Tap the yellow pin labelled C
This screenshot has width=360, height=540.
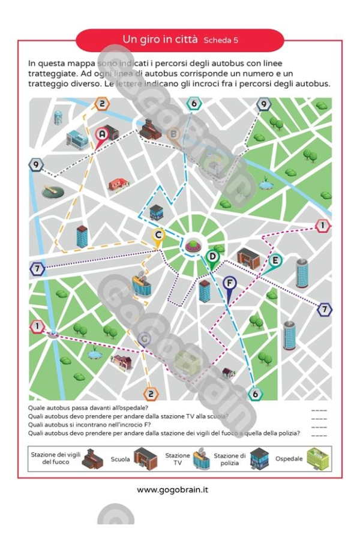coord(158,236)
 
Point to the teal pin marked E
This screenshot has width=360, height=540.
coord(275,262)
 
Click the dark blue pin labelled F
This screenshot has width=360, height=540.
coord(229,283)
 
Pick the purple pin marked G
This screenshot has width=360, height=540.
coord(143,340)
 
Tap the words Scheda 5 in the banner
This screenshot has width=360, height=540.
coord(221,41)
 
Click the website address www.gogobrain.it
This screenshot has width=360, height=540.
coord(173,490)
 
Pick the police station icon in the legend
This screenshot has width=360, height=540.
coord(258,459)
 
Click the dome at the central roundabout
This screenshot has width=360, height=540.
coord(193,244)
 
